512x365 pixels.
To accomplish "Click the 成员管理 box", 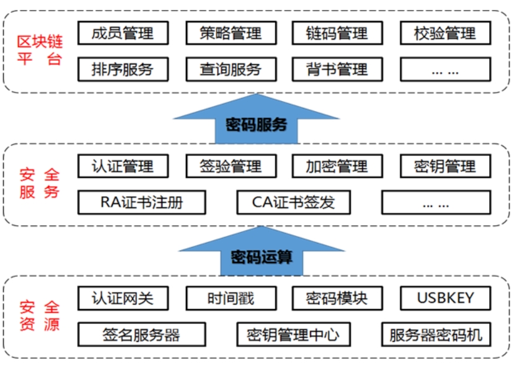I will [123, 33].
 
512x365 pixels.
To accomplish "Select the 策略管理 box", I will [231, 33].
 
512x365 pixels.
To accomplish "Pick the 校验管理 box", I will [445, 33].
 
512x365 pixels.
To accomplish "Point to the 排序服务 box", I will [123, 69].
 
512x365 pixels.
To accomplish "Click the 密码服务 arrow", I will [256, 122].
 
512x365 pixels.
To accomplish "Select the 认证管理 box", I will [123, 166].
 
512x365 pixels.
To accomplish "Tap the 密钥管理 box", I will [445, 166].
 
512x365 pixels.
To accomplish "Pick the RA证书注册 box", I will [142, 202].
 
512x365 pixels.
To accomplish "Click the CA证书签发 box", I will [293, 202].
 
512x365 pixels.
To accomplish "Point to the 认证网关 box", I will [123, 299].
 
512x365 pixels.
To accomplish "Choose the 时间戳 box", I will [231, 299].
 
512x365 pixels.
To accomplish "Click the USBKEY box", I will [445, 299].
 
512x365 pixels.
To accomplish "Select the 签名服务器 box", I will [142, 335].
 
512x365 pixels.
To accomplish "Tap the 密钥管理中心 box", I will [293, 335].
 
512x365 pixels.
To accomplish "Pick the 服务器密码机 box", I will [436, 335].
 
